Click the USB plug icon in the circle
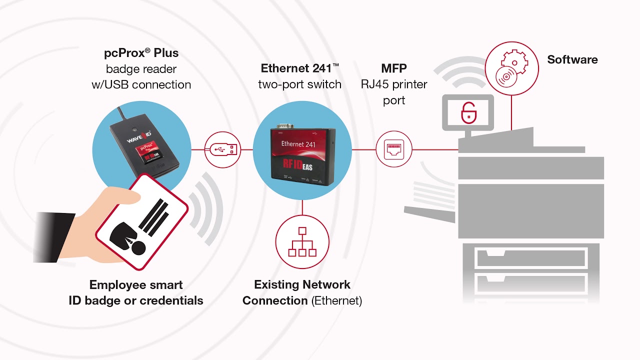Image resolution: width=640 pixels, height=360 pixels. click(222, 149)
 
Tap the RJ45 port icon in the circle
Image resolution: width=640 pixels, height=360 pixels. click(394, 149)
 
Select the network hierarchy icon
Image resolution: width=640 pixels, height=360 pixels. click(302, 242)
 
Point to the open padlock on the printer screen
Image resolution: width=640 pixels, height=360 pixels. click(468, 112)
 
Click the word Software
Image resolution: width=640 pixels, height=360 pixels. click(572, 59)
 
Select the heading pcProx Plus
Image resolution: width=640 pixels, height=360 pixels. click(141, 53)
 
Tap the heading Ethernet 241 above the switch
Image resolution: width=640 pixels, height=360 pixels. click(299, 68)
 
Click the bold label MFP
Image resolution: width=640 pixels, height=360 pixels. click(394, 68)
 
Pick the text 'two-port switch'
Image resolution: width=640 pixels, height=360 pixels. click(299, 84)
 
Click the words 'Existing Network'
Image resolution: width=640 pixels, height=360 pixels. click(302, 284)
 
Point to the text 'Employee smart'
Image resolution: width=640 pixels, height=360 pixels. click(136, 285)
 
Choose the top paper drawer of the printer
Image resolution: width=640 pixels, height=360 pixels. click(531, 258)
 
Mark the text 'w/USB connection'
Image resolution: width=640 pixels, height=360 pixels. click(141, 84)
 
